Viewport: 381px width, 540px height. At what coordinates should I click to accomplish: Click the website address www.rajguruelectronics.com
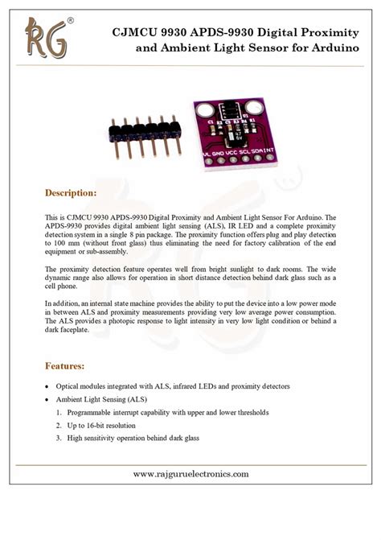click(190, 473)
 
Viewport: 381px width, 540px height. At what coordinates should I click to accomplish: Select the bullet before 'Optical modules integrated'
click(47, 386)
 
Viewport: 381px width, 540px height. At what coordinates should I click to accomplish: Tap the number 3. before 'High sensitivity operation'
click(59, 438)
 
